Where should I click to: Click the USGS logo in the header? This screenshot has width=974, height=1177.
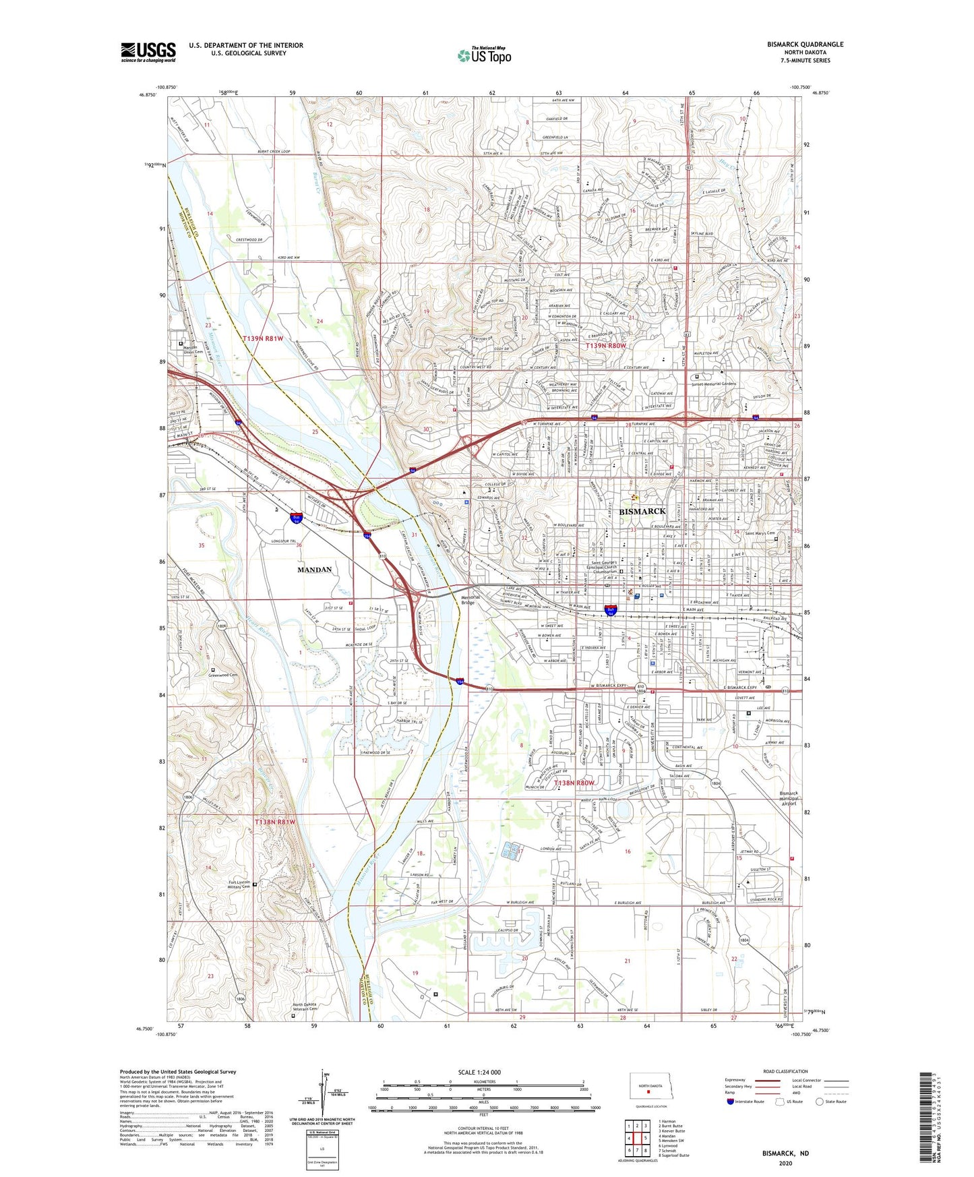coord(148,52)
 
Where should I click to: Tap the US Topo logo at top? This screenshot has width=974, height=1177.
coord(484,55)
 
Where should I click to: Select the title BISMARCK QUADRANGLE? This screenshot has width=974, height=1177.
coord(805,44)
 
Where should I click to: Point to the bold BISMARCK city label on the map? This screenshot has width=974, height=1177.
coord(642,512)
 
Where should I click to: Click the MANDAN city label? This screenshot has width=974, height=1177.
coord(315,570)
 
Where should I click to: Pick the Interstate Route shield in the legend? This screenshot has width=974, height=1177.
coord(731,1102)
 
